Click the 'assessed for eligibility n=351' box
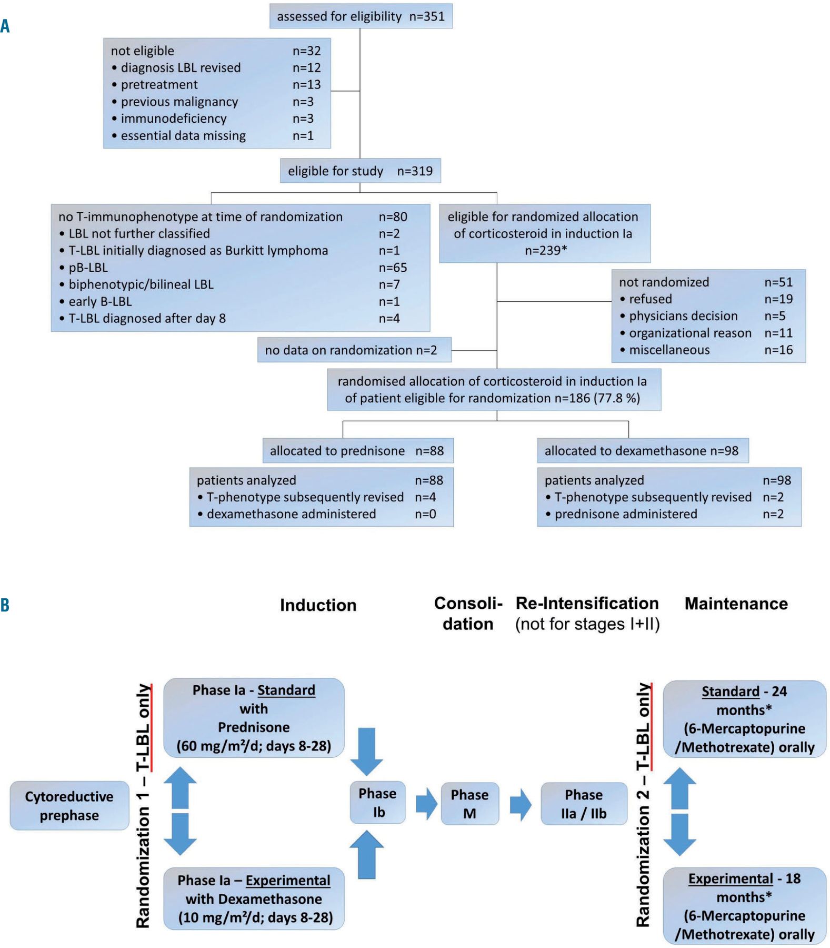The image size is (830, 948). (361, 16)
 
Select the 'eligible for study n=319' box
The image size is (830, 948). (360, 171)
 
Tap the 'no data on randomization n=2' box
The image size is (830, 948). (354, 350)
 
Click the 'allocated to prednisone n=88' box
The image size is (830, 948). (357, 451)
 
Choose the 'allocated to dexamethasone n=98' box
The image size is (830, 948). (642, 451)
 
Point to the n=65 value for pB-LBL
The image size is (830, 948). (393, 268)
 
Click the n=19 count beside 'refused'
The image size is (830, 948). (778, 299)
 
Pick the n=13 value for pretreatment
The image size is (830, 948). (306, 85)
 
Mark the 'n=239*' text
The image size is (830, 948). (546, 251)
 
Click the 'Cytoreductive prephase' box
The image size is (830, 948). (69, 806)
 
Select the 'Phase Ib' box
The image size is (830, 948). (378, 803)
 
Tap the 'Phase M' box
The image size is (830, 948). (469, 804)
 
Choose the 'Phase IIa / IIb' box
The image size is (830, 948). (584, 804)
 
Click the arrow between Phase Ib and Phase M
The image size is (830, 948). (426, 804)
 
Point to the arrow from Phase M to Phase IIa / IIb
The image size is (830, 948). (520, 804)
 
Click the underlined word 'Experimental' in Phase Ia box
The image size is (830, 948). (288, 881)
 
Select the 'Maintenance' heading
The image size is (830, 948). (736, 604)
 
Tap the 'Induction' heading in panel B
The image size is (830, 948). (318, 606)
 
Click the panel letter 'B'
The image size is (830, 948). (5, 605)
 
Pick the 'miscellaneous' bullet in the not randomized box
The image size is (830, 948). (669, 350)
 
